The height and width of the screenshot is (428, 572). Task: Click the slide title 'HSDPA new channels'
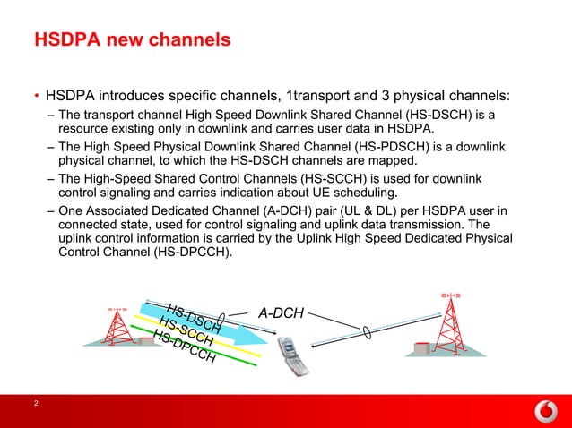[132, 40]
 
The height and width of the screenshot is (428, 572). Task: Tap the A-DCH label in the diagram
[281, 313]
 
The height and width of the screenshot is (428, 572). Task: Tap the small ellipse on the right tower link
[365, 331]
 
